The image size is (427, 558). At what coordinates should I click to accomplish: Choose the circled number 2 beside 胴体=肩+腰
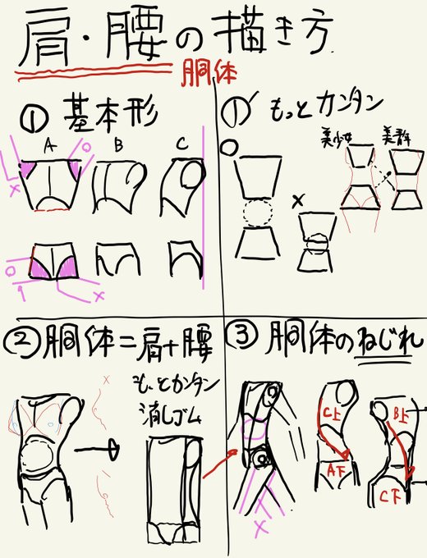pyautogui.click(x=19, y=339)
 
